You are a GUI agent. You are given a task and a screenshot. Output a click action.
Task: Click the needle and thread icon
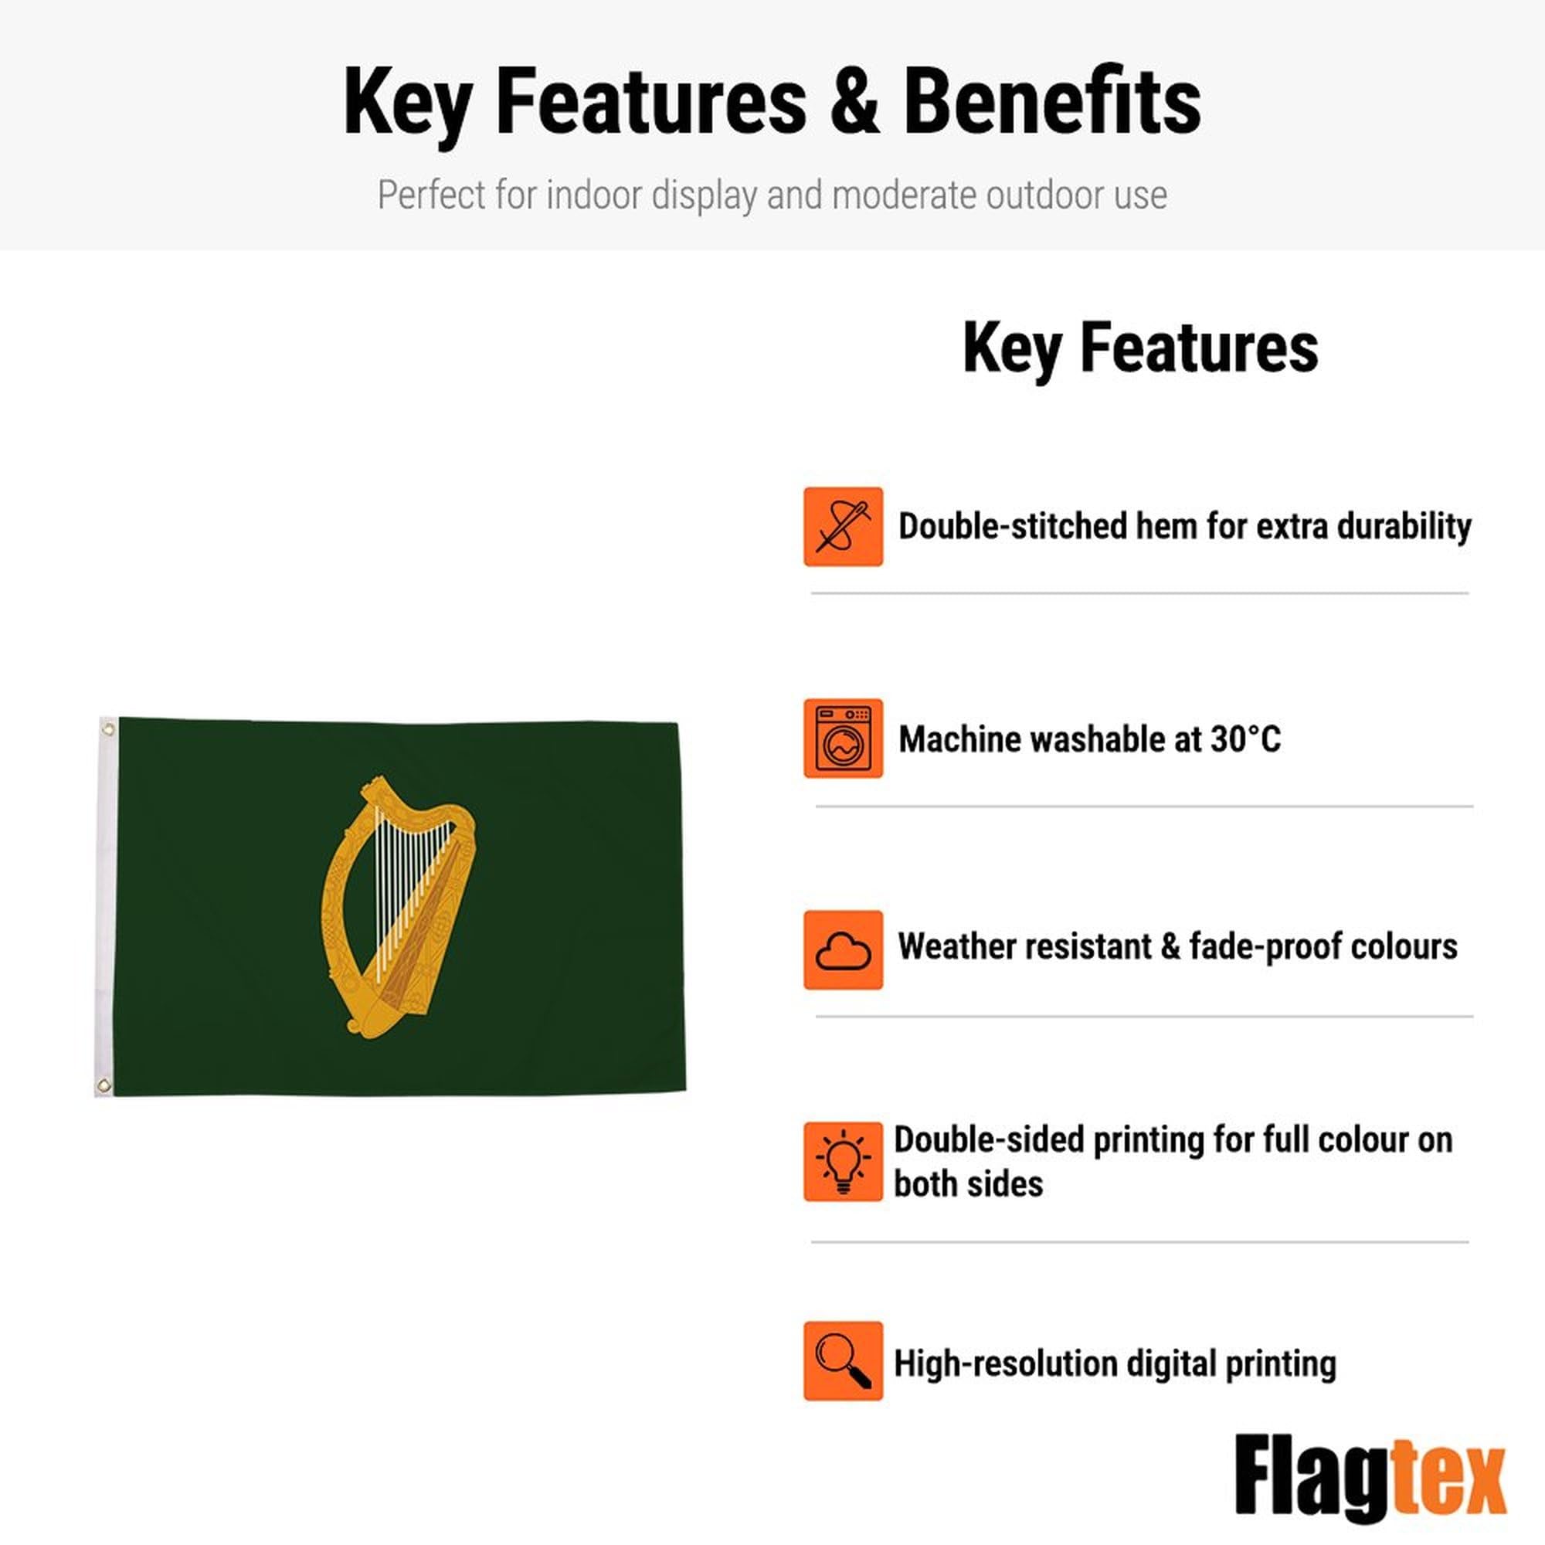pos(843,526)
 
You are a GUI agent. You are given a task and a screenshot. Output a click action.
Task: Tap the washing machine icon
pos(843,738)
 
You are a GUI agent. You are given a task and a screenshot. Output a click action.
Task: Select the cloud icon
pos(843,950)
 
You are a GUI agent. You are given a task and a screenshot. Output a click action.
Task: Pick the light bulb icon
pos(843,1161)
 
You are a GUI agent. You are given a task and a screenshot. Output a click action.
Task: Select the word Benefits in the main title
pos(1052,103)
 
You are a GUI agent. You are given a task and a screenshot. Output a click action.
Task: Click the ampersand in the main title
pos(855,103)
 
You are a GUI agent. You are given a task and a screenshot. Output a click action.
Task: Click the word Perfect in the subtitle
pos(430,195)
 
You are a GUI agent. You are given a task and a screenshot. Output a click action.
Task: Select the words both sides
pos(969,1184)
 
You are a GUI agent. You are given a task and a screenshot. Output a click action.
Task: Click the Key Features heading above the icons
pos(1140,348)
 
